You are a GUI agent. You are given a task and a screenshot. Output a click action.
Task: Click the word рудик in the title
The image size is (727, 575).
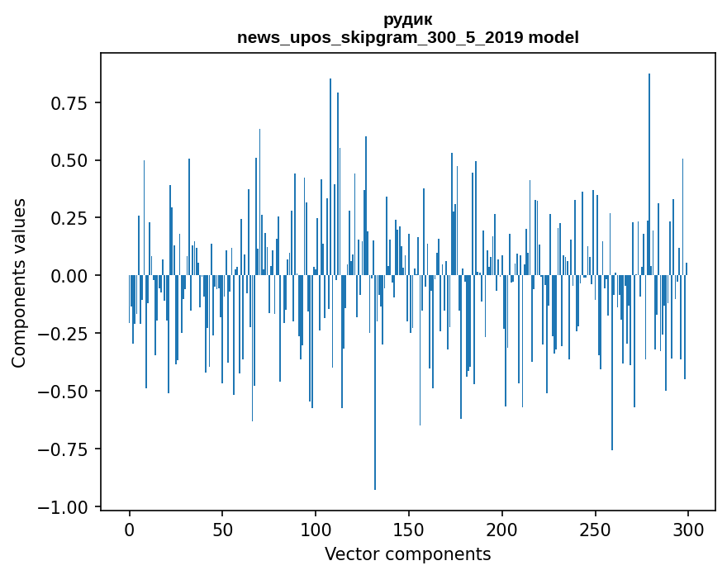407,19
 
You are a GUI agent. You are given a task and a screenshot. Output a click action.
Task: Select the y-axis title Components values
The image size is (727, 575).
19,283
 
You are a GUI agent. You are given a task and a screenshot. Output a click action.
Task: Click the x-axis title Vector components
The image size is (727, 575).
407,554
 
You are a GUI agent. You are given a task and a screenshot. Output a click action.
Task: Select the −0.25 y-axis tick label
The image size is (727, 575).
66,334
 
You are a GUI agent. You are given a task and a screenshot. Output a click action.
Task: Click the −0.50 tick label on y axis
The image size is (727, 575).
66,392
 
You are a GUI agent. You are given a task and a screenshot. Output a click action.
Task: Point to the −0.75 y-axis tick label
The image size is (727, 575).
66,449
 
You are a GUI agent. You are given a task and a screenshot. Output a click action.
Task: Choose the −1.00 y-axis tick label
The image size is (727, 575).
66,507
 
